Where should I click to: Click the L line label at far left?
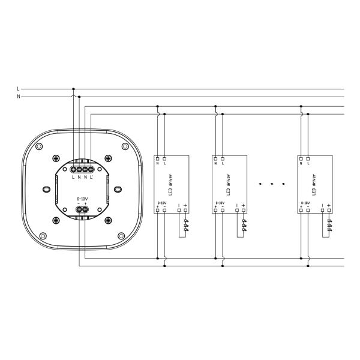point(19,89)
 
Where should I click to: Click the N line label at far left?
point(19,96)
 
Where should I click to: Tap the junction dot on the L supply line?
point(74,89)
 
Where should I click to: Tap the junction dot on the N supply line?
point(79,96)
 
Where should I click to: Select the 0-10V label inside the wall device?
point(82,198)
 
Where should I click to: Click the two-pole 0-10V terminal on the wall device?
point(82,209)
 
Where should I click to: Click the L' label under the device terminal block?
point(91,177)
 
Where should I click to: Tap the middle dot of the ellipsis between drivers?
point(272,182)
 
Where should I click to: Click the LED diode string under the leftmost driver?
point(185,225)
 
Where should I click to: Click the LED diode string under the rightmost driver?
point(329,225)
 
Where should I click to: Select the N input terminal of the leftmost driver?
point(157,158)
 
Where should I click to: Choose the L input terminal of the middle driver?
point(223,158)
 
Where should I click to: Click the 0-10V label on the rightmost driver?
point(304,203)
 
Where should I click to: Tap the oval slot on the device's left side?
point(47,190)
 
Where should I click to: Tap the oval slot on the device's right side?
point(117,190)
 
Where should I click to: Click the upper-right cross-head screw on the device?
point(108,158)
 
